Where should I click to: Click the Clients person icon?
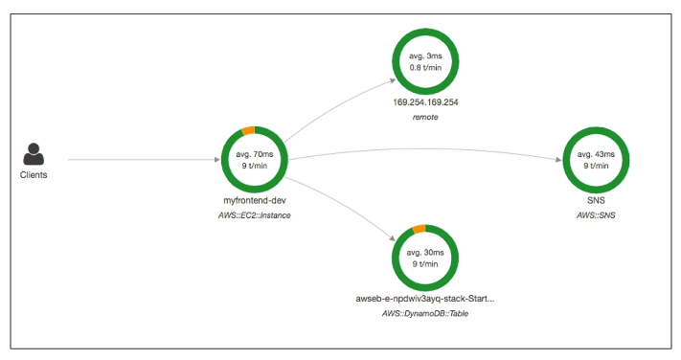point(34,154)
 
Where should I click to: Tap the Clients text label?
point(34,175)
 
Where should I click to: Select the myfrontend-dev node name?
point(255,201)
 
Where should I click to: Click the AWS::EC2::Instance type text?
point(255,215)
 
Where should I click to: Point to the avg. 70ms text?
point(255,154)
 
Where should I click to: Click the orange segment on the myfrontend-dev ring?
point(248,130)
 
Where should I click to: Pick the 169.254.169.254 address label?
point(425,102)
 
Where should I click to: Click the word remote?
point(425,117)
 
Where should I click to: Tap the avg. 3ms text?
point(425,56)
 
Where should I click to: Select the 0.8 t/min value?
point(425,68)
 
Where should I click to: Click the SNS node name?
point(596,201)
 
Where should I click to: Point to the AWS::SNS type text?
point(596,215)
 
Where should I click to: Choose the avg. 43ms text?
point(596,154)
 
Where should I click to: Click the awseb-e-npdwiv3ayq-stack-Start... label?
point(425,299)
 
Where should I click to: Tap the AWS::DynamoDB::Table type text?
point(425,313)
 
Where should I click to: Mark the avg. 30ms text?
point(425,253)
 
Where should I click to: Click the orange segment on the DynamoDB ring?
point(420,229)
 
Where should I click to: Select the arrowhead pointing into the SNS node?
point(558,159)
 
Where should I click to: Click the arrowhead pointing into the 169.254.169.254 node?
point(393,80)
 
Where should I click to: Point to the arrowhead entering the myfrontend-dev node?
point(217,159)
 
